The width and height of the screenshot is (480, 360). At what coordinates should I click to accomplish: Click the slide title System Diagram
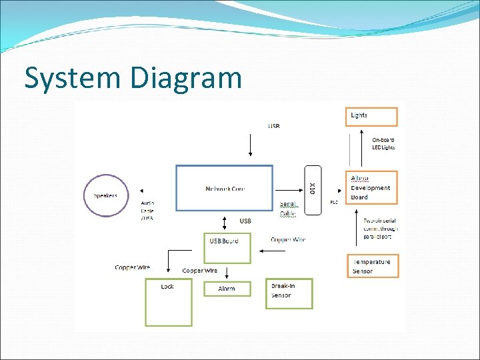point(133,77)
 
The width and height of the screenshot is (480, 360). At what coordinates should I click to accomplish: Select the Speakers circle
point(106,195)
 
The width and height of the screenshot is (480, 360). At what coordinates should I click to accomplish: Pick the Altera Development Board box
point(372,188)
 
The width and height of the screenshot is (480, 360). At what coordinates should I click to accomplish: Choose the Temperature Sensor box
point(372,266)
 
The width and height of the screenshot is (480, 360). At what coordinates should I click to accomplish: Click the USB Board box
point(227,247)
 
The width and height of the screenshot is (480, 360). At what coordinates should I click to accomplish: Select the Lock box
point(169,302)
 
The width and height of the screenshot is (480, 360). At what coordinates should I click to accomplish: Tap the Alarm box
point(227,289)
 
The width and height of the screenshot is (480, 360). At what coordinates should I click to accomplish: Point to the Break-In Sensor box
point(289,293)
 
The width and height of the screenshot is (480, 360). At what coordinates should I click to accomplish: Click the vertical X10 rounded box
point(313,189)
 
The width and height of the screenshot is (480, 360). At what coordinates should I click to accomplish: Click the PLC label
point(334,202)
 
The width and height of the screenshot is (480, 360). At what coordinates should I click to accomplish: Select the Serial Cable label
point(288,209)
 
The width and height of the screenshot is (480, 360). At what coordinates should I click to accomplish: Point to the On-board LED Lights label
point(383,143)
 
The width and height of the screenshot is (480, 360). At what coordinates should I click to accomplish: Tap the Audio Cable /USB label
point(147,210)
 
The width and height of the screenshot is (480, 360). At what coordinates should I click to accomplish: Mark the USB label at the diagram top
point(274,125)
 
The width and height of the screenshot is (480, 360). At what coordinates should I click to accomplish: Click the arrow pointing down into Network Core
point(251,146)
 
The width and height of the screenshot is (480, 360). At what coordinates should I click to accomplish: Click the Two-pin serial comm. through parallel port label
point(380,229)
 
